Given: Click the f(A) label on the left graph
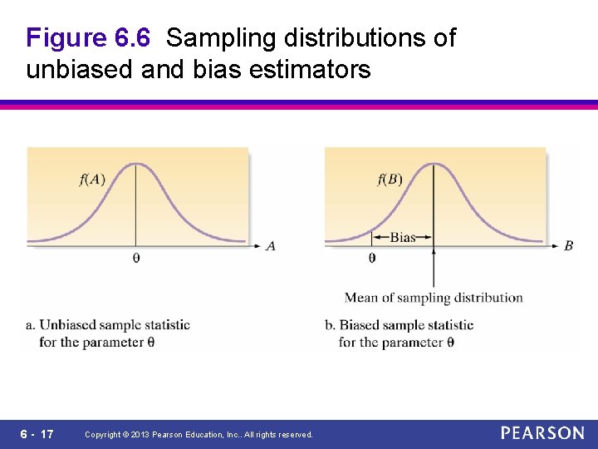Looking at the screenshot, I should coord(92,180).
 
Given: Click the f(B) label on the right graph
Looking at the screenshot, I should coord(390,180).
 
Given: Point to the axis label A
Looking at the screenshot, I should coord(270,246).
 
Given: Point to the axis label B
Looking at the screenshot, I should coord(568,246).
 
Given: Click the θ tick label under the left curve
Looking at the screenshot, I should coord(136,259).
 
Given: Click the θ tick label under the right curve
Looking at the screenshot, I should coord(371,259).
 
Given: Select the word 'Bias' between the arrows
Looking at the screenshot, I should coord(402,238).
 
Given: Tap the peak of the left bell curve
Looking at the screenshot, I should coord(136,164).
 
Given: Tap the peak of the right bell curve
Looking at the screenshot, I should coord(433,164).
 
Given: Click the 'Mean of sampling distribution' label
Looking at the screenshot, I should coord(433,298).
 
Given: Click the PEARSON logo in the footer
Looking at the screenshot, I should coord(542,433).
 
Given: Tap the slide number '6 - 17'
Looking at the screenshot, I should coord(36,434).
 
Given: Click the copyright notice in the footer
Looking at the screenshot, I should coord(199,435).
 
